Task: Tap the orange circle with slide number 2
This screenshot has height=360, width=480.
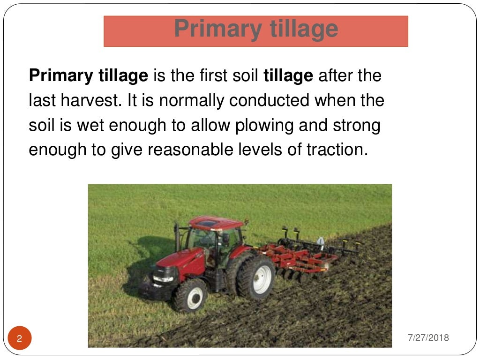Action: pyautogui.click(x=20, y=339)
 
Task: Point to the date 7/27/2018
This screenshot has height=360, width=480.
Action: pyautogui.click(x=428, y=337)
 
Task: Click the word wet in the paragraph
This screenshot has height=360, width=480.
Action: pyautogui.click(x=96, y=125)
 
